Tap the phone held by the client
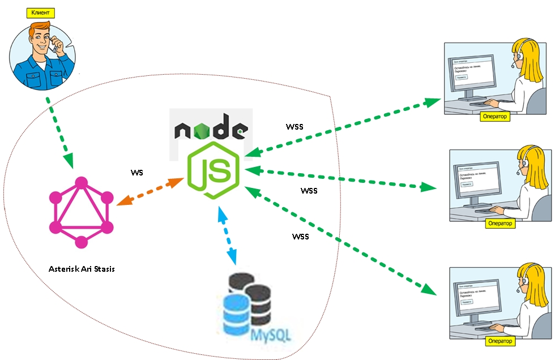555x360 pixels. (x=54, y=45)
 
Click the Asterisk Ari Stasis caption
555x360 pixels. (x=82, y=268)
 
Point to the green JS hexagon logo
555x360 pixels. (x=214, y=170)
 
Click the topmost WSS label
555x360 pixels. (x=294, y=127)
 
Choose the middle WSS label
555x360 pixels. (x=309, y=190)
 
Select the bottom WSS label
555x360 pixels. (x=300, y=236)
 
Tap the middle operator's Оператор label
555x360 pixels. (x=500, y=223)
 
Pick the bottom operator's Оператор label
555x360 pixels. (x=500, y=341)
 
